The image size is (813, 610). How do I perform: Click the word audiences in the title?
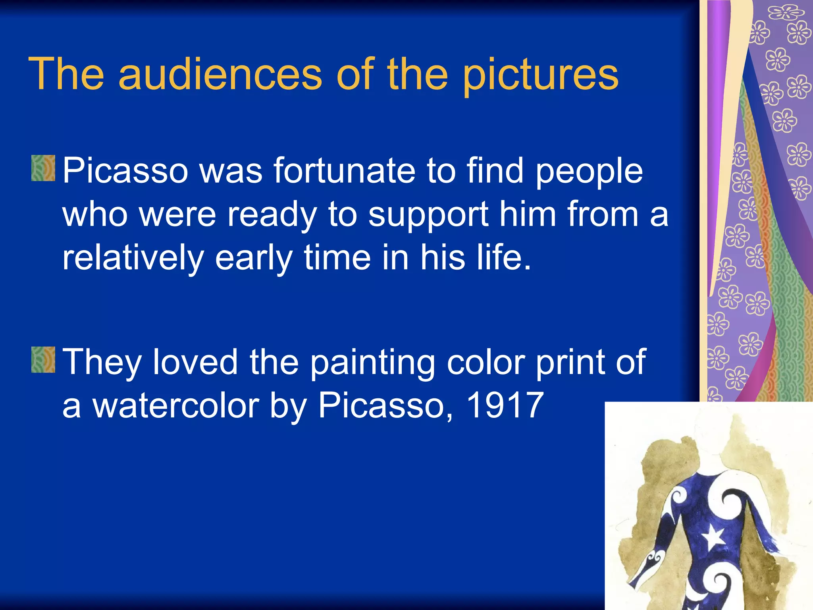point(220,74)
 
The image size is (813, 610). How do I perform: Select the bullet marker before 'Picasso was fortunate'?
point(43,168)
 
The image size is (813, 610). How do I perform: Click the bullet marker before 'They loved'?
point(43,359)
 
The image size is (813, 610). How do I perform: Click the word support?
point(428,215)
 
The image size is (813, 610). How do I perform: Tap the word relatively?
point(133,258)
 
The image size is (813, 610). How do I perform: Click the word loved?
point(195,361)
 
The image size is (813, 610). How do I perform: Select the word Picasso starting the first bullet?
point(125,170)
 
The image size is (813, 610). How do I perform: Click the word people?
point(589,171)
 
